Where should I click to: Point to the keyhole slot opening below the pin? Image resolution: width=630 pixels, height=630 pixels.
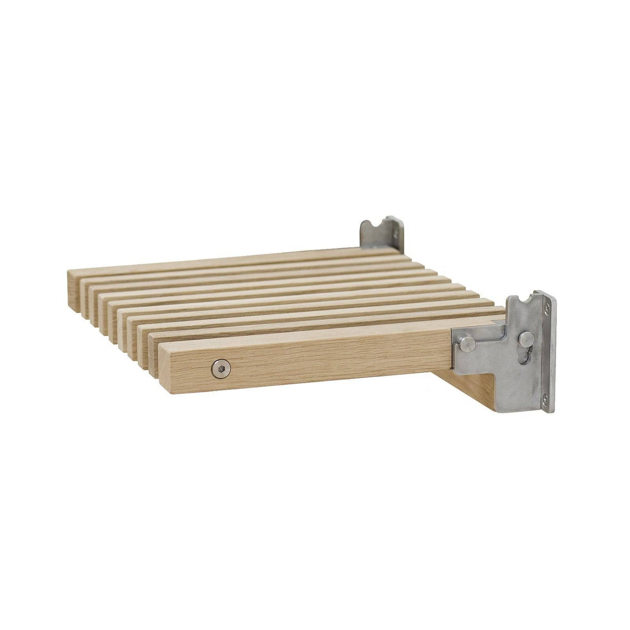528,354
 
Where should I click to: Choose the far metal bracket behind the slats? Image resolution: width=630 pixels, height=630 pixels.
381,233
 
